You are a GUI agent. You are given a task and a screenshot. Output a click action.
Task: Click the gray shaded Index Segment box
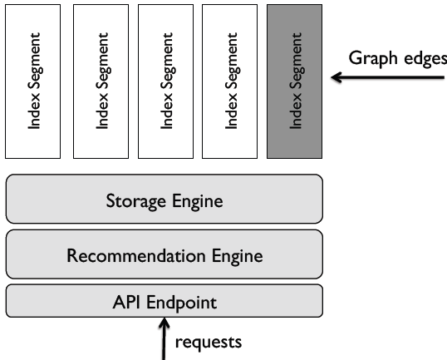point(294,81)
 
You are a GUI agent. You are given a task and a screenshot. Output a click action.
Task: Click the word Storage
point(135,201)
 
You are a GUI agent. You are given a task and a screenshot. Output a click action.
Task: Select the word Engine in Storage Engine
point(198,202)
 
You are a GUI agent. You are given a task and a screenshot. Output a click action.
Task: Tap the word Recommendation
point(136,255)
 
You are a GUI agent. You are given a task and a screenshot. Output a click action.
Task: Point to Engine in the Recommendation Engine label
point(237,256)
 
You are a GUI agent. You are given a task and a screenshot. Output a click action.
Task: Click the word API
point(126,302)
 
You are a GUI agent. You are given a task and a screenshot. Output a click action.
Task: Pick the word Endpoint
point(182,303)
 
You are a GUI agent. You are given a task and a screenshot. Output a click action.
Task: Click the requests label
point(209,343)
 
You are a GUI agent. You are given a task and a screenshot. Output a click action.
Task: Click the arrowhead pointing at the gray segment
point(336,77)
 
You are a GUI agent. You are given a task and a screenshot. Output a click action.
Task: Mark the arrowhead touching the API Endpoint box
point(164,323)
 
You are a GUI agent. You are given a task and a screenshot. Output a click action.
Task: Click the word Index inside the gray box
point(295,112)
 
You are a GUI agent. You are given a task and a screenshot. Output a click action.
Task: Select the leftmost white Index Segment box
point(32,81)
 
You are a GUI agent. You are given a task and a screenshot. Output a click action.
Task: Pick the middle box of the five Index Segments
point(165,81)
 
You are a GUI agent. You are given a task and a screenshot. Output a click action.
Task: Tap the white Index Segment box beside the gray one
point(230,81)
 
